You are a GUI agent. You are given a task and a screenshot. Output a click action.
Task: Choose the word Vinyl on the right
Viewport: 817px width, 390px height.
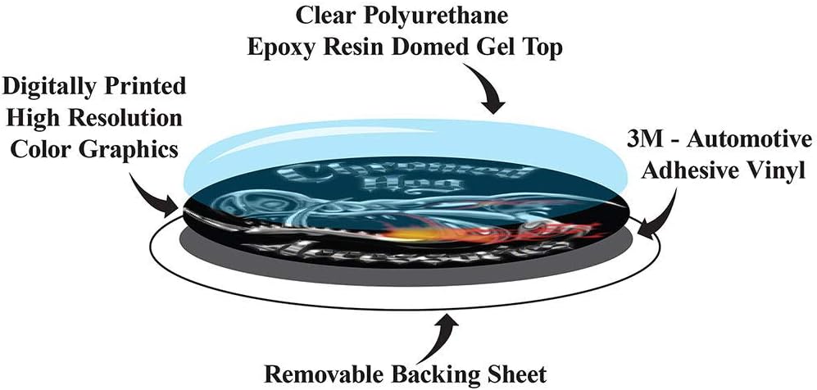coord(777,172)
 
